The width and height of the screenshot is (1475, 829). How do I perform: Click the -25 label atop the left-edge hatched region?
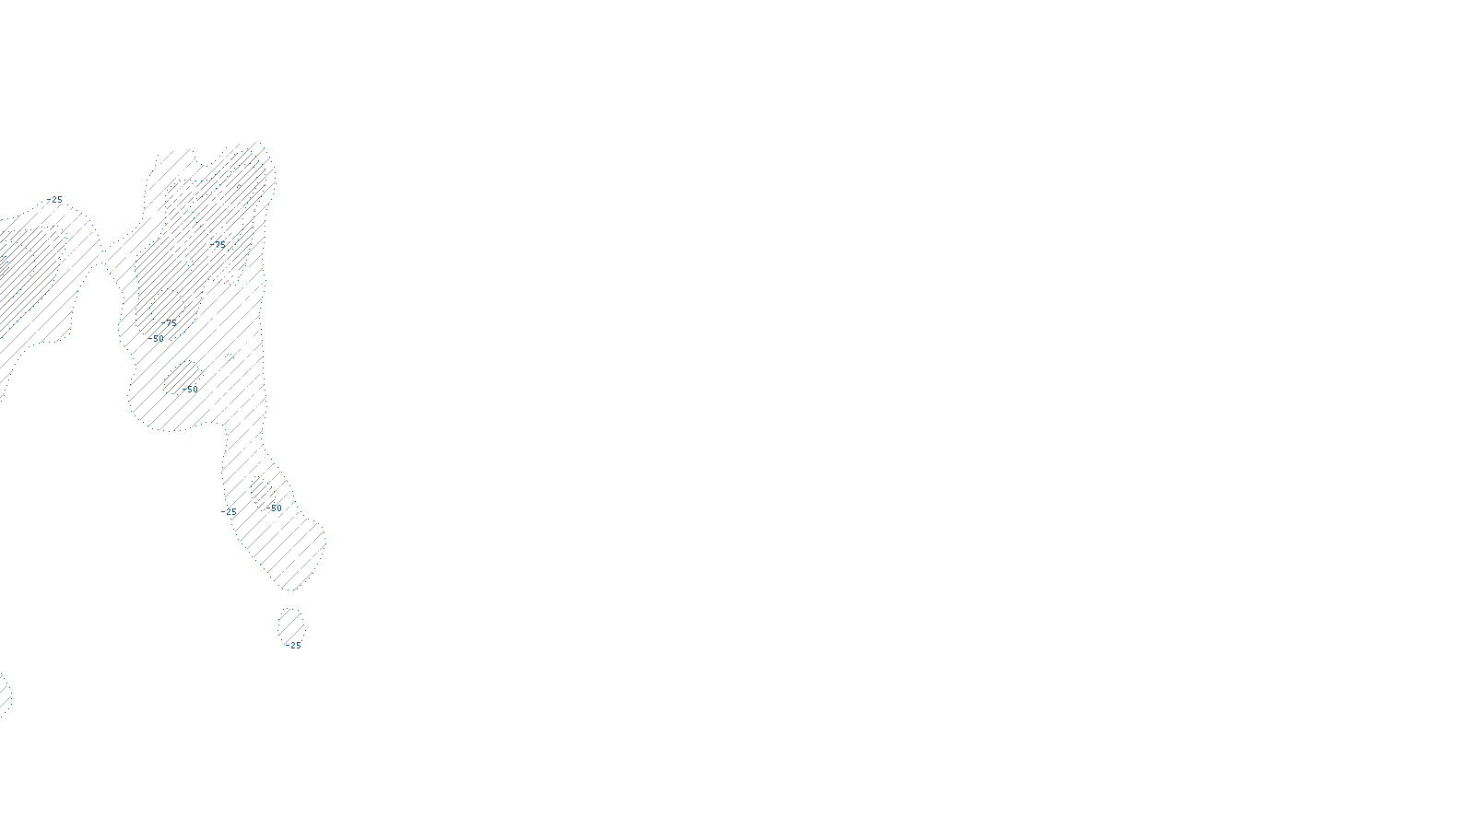[56, 200]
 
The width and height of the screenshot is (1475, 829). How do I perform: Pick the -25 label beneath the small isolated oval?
[294, 646]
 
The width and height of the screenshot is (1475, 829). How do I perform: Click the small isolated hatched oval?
[290, 625]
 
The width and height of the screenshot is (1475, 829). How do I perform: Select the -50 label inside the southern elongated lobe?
[274, 508]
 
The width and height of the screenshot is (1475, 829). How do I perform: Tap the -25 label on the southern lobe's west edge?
[230, 511]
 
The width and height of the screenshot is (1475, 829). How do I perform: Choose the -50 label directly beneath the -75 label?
[159, 339]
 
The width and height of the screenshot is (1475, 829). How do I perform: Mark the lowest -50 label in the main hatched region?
[190, 390]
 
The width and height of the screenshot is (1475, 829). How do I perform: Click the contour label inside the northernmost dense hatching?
[219, 244]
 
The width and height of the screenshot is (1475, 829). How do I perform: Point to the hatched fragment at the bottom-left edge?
[5, 694]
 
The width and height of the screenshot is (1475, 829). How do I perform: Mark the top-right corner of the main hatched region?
[267, 152]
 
